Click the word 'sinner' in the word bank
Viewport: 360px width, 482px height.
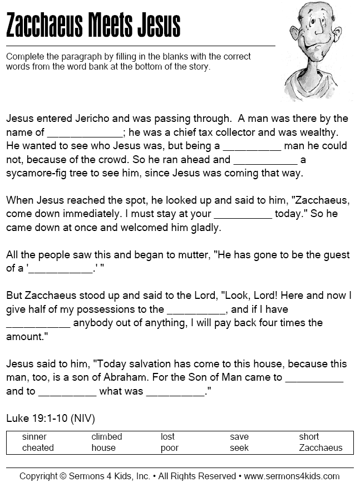[x=34, y=437]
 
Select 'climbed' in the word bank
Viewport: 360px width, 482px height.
[x=107, y=437]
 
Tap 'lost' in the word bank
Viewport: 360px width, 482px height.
[x=167, y=437]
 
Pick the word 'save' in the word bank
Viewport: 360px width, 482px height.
[x=239, y=437]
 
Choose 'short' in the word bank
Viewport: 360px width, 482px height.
[x=309, y=437]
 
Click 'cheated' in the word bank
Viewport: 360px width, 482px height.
[x=38, y=447]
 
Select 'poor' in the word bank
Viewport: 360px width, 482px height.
[x=170, y=447]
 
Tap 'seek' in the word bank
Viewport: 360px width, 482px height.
[x=239, y=447]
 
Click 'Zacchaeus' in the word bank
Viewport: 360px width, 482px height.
[x=320, y=447]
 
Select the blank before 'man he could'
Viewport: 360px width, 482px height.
[x=252, y=146]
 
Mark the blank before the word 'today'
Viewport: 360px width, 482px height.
[x=243, y=214]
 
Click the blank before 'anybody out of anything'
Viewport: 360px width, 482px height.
[x=38, y=323]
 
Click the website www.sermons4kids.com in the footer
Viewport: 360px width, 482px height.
[x=292, y=476]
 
